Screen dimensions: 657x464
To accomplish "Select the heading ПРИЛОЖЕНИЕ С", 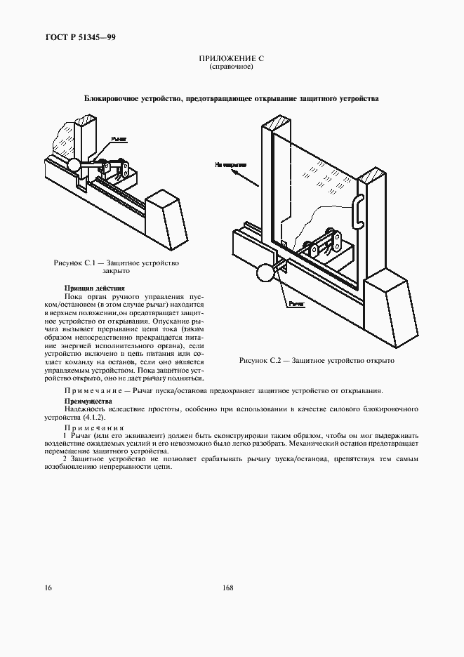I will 231,59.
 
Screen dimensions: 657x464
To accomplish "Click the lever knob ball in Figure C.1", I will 73,165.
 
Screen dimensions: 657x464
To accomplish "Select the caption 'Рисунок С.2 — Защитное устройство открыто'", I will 317,360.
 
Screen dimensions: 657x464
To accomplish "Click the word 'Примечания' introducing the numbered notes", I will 93,427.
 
